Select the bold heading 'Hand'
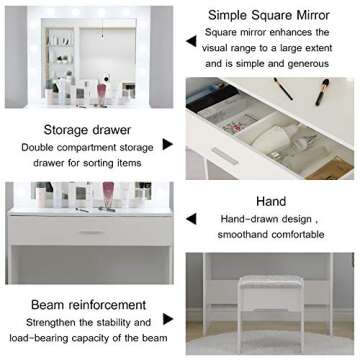coord(272,200)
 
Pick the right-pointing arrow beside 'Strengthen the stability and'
coord(167,323)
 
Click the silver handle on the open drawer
coord(225,158)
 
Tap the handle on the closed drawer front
coord(91,233)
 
